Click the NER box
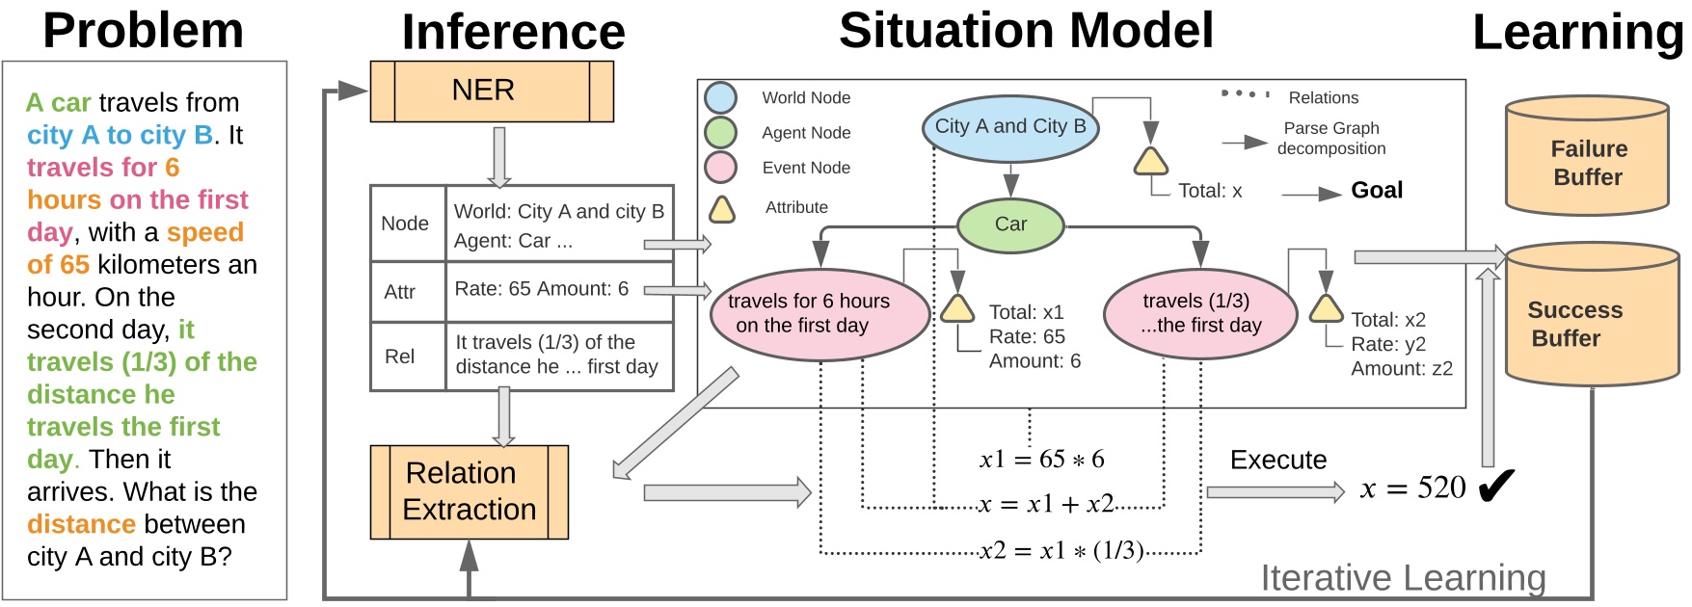pyautogui.click(x=492, y=92)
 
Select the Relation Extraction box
pyautogui.click(x=470, y=491)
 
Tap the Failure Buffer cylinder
pyautogui.click(x=1588, y=156)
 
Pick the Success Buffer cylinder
pyautogui.click(x=1592, y=314)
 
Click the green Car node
pyautogui.click(x=1010, y=225)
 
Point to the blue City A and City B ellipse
pyautogui.click(x=1010, y=127)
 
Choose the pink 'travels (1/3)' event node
pyautogui.click(x=1196, y=314)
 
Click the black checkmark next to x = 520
pyautogui.click(x=1496, y=487)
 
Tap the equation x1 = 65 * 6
pyautogui.click(x=1042, y=460)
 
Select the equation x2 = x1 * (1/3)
pyautogui.click(x=1061, y=551)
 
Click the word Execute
pyautogui.click(x=1278, y=461)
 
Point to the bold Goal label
pyautogui.click(x=1377, y=191)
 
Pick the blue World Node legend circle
pyautogui.click(x=720, y=98)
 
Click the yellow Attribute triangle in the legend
pyautogui.click(x=722, y=210)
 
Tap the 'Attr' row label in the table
pyautogui.click(x=400, y=292)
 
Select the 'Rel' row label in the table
pyautogui.click(x=399, y=356)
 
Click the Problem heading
pyautogui.click(x=144, y=30)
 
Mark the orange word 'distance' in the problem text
pyautogui.click(x=81, y=524)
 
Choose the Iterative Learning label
pyautogui.click(x=1403, y=578)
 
